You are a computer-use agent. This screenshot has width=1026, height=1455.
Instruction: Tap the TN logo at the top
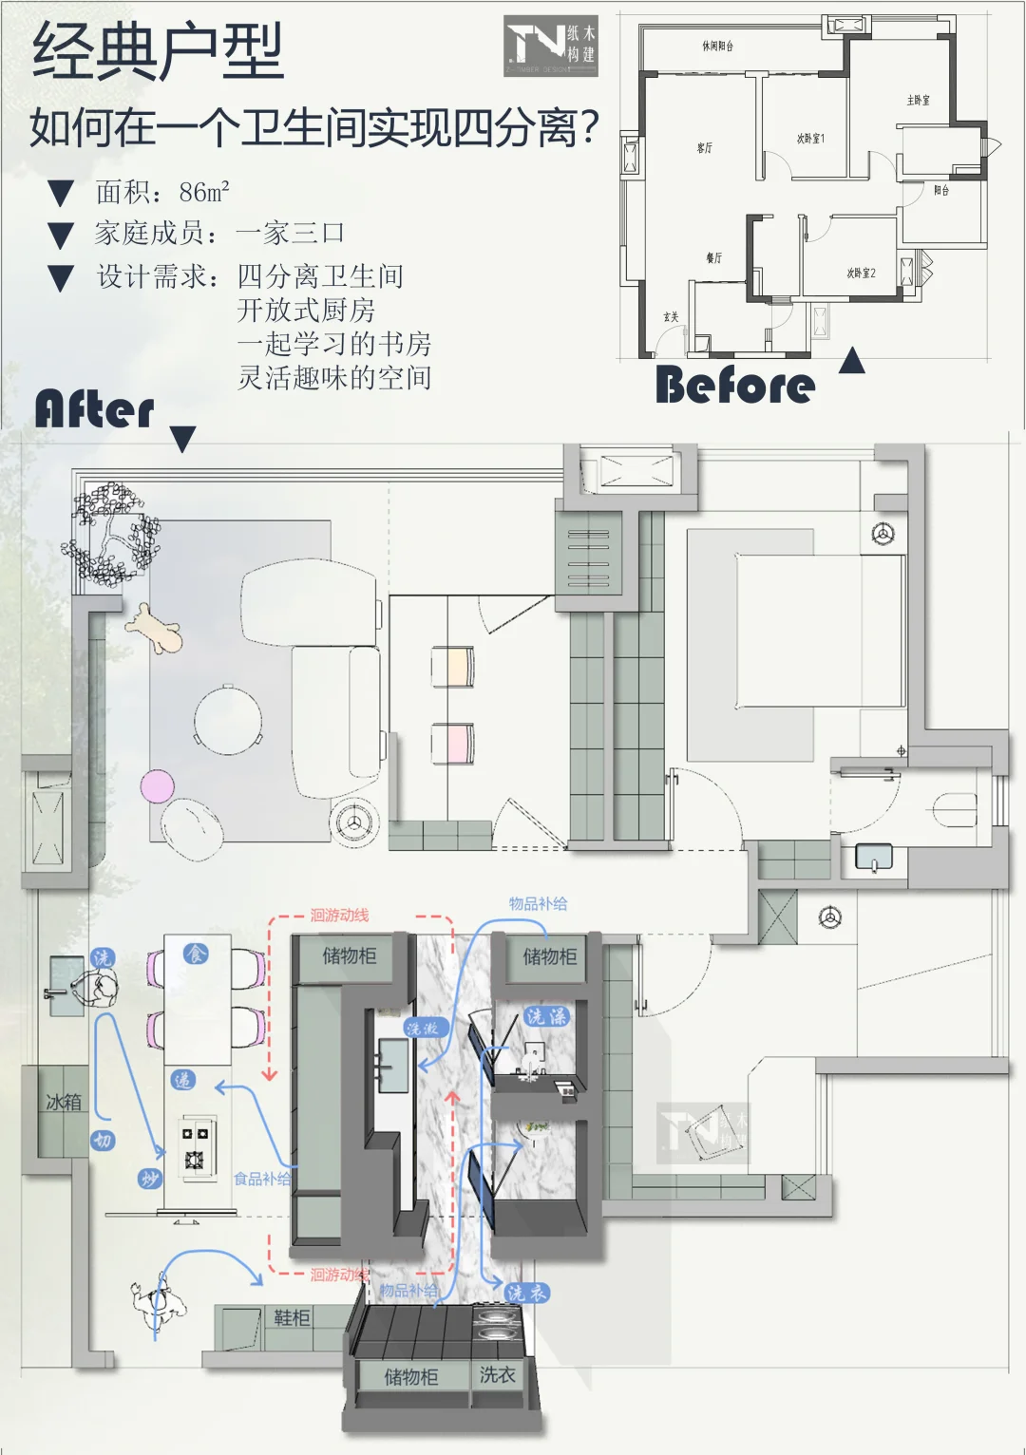(550, 45)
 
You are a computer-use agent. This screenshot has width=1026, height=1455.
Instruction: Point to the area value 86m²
(203, 193)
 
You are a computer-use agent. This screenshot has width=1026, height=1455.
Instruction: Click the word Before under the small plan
(734, 386)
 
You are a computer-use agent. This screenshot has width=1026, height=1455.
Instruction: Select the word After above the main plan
(94, 409)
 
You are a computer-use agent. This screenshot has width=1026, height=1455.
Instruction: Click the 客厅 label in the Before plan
(704, 148)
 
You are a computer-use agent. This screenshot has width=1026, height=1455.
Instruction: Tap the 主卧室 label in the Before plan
(918, 100)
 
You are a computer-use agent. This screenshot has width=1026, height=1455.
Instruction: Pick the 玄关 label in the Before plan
(671, 317)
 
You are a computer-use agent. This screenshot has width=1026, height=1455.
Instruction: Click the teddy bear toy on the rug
(154, 629)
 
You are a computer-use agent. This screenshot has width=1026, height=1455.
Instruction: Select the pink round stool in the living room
(158, 786)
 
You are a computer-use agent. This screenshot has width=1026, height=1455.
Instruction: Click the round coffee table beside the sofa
(228, 719)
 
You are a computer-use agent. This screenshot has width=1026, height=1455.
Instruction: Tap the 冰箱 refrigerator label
(64, 1103)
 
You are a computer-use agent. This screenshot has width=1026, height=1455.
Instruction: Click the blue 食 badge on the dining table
(196, 953)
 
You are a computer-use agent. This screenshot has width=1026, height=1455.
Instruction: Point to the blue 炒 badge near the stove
(149, 1179)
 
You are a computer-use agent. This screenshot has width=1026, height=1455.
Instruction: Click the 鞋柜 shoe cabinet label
(292, 1318)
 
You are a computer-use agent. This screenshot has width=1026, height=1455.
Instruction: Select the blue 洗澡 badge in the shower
(546, 1017)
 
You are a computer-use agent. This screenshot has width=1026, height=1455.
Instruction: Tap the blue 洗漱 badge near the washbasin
(422, 1028)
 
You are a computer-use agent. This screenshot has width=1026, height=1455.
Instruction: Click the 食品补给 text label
(262, 1179)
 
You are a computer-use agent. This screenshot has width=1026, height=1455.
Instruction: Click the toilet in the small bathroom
(953, 810)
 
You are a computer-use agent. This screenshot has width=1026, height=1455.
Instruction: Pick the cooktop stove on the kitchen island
(196, 1148)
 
